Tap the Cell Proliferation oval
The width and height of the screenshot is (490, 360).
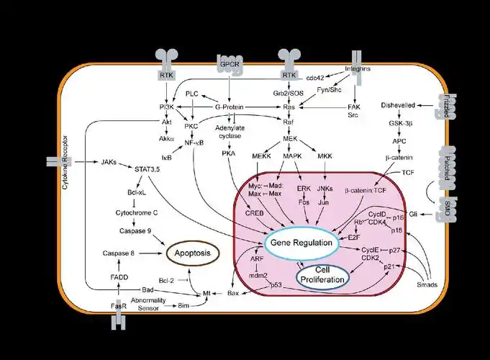322,274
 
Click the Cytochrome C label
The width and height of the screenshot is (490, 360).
137,213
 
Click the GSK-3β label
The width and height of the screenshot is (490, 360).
400,123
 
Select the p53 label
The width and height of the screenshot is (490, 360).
276,285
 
